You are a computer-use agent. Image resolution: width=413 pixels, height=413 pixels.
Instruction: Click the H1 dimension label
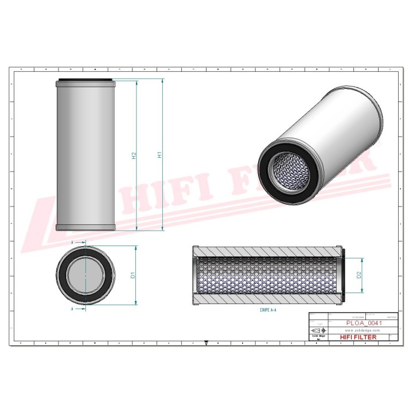159,154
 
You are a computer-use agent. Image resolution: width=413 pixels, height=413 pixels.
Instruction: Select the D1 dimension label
133,276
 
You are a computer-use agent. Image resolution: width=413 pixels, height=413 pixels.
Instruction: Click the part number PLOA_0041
364,324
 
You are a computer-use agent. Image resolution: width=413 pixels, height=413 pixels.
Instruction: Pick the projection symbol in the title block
316,331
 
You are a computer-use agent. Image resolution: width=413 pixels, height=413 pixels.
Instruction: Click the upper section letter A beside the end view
73,243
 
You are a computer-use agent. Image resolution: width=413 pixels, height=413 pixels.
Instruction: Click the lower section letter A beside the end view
73,309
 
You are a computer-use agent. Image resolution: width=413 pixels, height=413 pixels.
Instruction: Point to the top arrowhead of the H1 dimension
162,82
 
